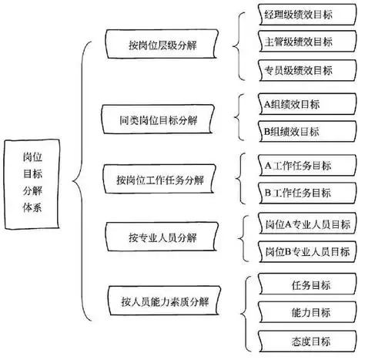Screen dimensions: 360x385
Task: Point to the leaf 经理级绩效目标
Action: pyautogui.click(x=298, y=15)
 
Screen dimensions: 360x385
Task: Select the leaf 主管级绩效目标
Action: pyautogui.click(x=298, y=42)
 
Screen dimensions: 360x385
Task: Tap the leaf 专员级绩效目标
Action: pyautogui.click(x=298, y=69)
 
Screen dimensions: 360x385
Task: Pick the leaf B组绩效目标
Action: pyautogui.click(x=298, y=132)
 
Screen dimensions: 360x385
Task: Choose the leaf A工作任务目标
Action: pyautogui.click(x=298, y=165)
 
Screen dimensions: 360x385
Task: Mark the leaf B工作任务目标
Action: pyautogui.click(x=298, y=192)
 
